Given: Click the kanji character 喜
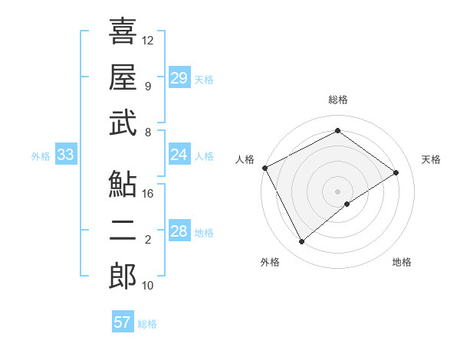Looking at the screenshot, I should pyautogui.click(x=123, y=31).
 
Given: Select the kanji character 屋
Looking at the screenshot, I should pyautogui.click(x=123, y=77).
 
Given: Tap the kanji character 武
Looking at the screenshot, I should pyautogui.click(x=123, y=124).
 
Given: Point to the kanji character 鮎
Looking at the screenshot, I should pyautogui.click(x=123, y=185).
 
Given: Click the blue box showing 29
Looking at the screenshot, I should pyautogui.click(x=179, y=78).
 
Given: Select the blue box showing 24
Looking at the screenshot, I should pyautogui.click(x=179, y=155).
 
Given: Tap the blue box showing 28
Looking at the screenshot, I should pyautogui.click(x=179, y=232).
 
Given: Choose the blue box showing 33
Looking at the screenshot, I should pyautogui.click(x=65, y=155).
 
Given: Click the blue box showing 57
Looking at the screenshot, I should pyautogui.click(x=123, y=322).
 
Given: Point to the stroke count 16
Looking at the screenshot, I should pyautogui.click(x=148, y=194).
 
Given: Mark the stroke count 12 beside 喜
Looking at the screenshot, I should pyautogui.click(x=148, y=40).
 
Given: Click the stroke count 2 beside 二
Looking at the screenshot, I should pyautogui.click(x=148, y=240).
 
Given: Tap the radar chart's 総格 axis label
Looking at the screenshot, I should pyautogui.click(x=337, y=100).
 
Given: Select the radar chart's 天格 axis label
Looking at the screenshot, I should pyautogui.click(x=432, y=159).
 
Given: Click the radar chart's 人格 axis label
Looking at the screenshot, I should pyautogui.click(x=245, y=159).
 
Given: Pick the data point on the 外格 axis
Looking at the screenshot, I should pyautogui.click(x=301, y=242).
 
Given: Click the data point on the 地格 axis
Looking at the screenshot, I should pyautogui.click(x=347, y=204).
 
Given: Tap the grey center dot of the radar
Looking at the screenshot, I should pyautogui.click(x=337, y=191).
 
